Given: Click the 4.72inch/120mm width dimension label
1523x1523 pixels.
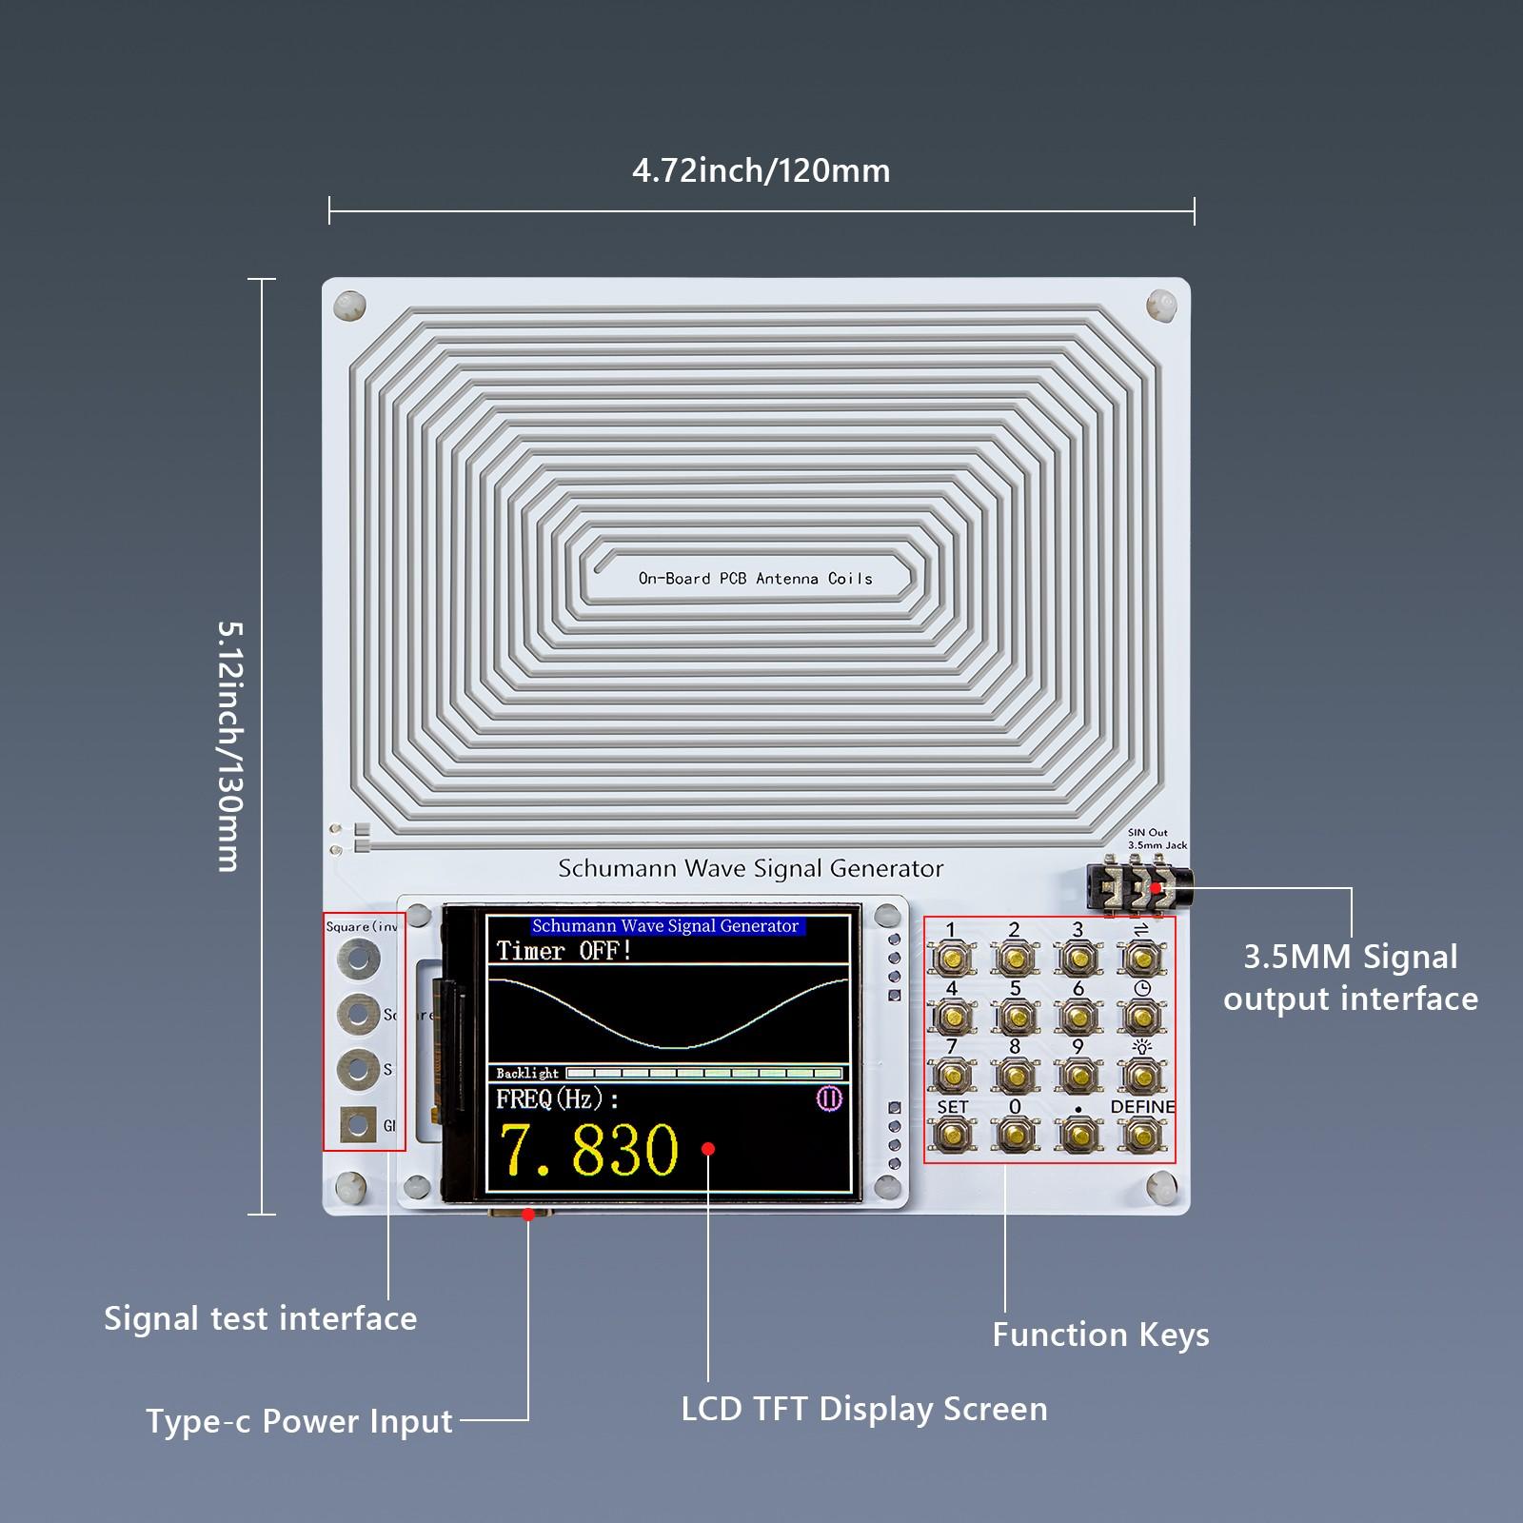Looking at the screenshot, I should (x=761, y=171).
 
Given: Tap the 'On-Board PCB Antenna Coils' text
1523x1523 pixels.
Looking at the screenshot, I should (x=755, y=578).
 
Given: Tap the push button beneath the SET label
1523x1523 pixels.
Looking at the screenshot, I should (x=953, y=1133).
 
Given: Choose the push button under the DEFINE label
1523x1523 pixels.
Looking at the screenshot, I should (x=1140, y=1133).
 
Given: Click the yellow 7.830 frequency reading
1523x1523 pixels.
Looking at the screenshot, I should (x=588, y=1150).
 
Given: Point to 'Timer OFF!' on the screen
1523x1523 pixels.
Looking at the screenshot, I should (x=564, y=951).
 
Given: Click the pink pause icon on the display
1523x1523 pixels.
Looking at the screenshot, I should (x=829, y=1099).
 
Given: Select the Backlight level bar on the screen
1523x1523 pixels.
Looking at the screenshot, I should (x=704, y=1074).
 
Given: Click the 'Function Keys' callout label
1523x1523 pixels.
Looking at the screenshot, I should (x=1100, y=1335).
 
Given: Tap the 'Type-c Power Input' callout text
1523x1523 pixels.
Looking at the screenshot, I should (x=299, y=1421).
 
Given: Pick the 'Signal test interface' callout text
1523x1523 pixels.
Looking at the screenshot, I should (x=260, y=1318).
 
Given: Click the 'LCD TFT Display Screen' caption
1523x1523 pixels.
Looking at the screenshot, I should (x=863, y=1409).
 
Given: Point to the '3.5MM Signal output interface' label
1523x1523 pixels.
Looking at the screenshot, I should (x=1350, y=978).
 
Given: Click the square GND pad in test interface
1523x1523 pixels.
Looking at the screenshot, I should (x=358, y=1125).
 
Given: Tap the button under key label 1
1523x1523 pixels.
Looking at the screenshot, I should (x=953, y=957).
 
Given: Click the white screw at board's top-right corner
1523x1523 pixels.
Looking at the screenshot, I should (x=1160, y=306).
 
